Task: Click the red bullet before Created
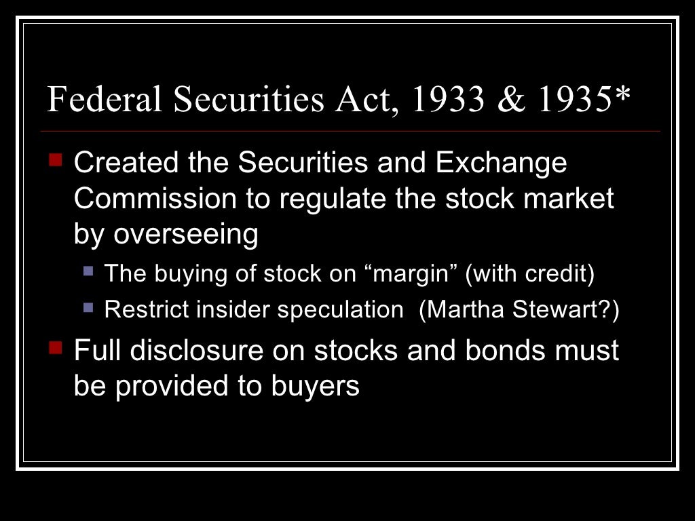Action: [x=56, y=161]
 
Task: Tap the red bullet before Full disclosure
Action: [x=56, y=349]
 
